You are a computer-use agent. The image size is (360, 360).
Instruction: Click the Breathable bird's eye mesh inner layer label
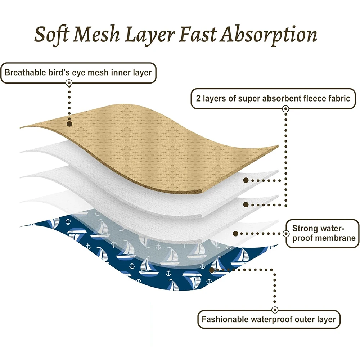pyautogui.click(x=78, y=72)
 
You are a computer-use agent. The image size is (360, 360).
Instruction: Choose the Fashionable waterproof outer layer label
pyautogui.click(x=268, y=319)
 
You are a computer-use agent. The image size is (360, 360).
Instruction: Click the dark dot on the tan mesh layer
pyautogui.click(x=69, y=123)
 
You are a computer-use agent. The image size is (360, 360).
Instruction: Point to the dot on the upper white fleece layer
pyautogui.click(x=246, y=180)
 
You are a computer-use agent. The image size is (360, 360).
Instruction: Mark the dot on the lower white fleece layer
pyautogui.click(x=246, y=204)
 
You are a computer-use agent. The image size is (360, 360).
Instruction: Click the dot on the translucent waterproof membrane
pyautogui.click(x=235, y=234)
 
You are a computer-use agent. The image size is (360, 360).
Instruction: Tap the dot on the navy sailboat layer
pyautogui.click(x=212, y=269)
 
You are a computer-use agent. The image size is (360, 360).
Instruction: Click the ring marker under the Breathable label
pyautogui.click(x=69, y=83)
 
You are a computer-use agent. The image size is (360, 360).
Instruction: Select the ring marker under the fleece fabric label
pyautogui.click(x=285, y=108)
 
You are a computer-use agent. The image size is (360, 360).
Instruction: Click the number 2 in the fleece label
pyautogui.click(x=198, y=98)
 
